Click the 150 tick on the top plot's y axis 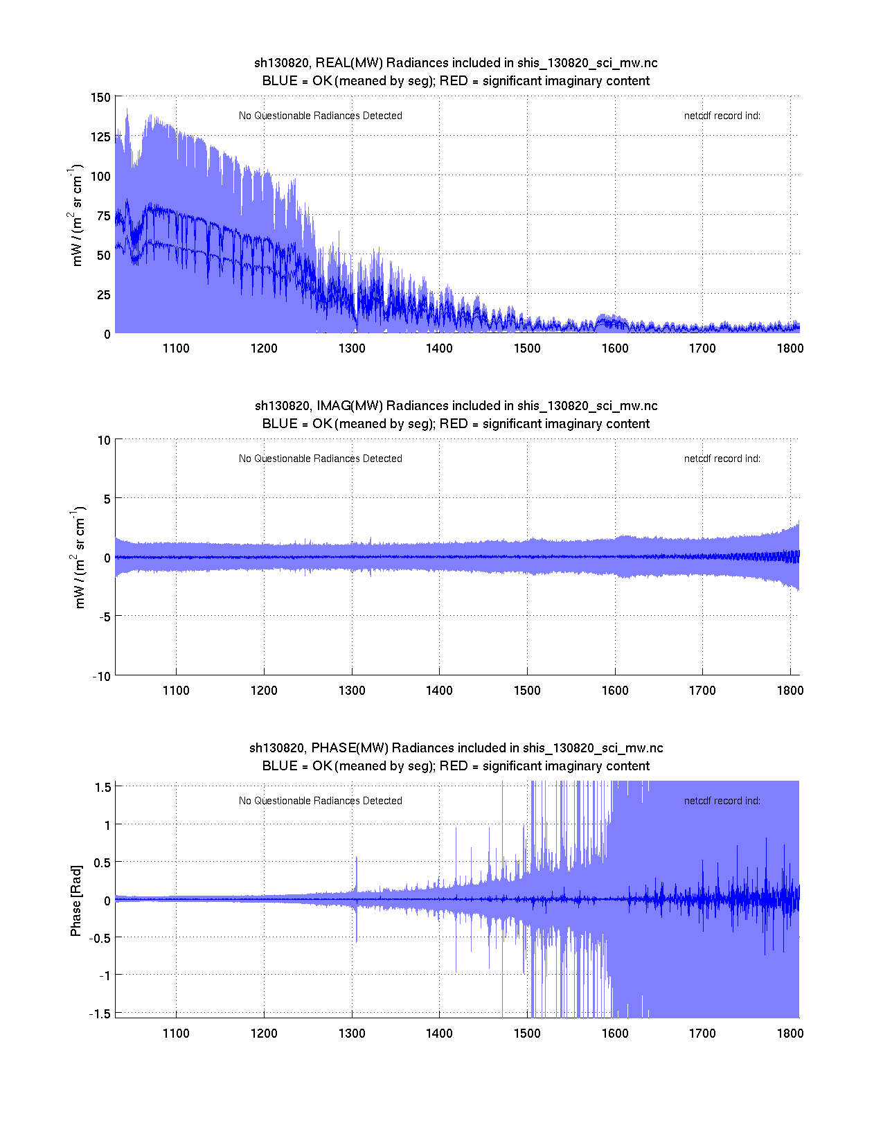click(x=100, y=98)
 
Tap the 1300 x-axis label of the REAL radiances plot click(x=352, y=348)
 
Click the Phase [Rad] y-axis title click(x=76, y=900)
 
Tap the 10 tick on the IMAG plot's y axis click(x=104, y=441)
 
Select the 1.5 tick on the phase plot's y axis click(x=103, y=787)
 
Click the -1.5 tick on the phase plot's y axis click(x=100, y=1013)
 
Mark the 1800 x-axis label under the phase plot click(x=790, y=1034)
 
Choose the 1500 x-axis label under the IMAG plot click(x=527, y=691)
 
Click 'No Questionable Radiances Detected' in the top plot click(x=321, y=116)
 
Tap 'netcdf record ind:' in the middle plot click(x=722, y=459)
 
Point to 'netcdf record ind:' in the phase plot click(x=722, y=801)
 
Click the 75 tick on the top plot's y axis click(x=103, y=216)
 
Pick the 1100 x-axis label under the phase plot click(x=176, y=1034)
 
